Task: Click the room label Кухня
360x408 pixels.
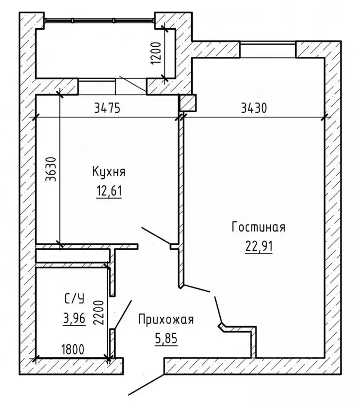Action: point(108,172)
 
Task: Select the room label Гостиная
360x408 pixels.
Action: point(259,228)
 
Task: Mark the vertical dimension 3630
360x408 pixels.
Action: point(50,171)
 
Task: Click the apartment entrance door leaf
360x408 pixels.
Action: point(145,382)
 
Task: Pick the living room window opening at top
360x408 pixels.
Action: point(267,49)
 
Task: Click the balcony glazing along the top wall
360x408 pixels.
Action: point(99,21)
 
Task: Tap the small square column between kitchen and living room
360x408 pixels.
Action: point(188,102)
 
